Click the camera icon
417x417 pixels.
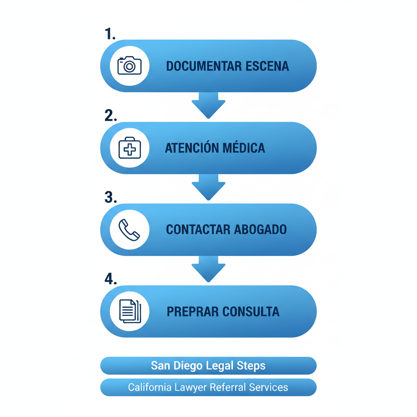pos(129,66)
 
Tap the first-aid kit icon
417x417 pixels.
pos(129,148)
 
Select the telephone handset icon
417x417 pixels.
pos(129,230)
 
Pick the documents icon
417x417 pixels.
pos(129,311)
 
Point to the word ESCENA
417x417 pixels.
pos(268,66)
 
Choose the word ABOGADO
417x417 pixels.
pos(261,229)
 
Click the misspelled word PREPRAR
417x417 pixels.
pos(193,312)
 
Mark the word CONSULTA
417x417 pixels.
pos(251,312)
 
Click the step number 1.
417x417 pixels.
pos(110,34)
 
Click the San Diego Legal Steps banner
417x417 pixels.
pos(208,366)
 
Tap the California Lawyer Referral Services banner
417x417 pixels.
pos(208,387)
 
